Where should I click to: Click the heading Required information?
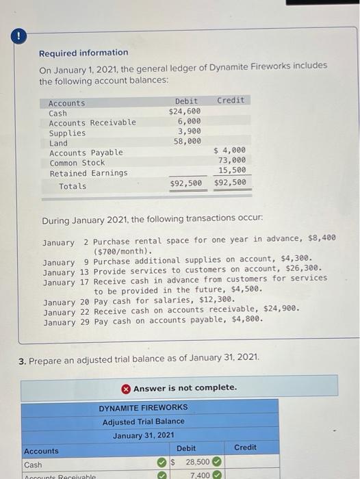[83, 53]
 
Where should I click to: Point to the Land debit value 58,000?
[187, 142]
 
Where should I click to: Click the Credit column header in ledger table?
[230, 101]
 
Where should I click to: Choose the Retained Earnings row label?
[88, 173]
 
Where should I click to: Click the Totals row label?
[73, 186]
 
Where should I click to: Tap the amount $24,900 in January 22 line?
[281, 309]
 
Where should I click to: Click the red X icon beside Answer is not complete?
[126, 388]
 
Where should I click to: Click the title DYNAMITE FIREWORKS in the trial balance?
[143, 408]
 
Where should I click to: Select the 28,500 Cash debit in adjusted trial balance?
[198, 463]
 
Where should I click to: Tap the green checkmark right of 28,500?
[216, 463]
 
